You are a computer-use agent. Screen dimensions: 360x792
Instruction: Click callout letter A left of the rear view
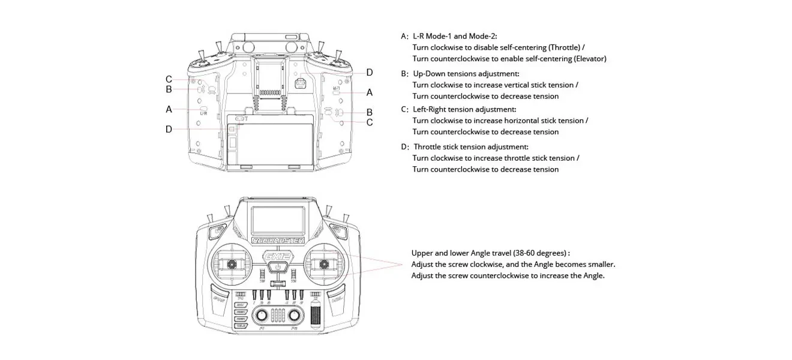coord(169,109)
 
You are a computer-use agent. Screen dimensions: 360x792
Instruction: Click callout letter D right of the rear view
coord(370,73)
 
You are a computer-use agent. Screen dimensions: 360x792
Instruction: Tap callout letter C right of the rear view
coord(370,122)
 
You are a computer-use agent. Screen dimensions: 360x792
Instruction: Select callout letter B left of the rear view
coord(169,89)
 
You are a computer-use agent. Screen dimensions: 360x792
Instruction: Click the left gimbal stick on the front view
coord(231,264)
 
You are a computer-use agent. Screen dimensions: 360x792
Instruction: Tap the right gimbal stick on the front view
coord(325,264)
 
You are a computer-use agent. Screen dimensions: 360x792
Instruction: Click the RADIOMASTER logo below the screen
coord(278,240)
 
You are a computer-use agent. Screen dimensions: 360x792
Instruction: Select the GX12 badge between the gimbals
coord(278,257)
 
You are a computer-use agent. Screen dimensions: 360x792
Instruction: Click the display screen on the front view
coord(278,219)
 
